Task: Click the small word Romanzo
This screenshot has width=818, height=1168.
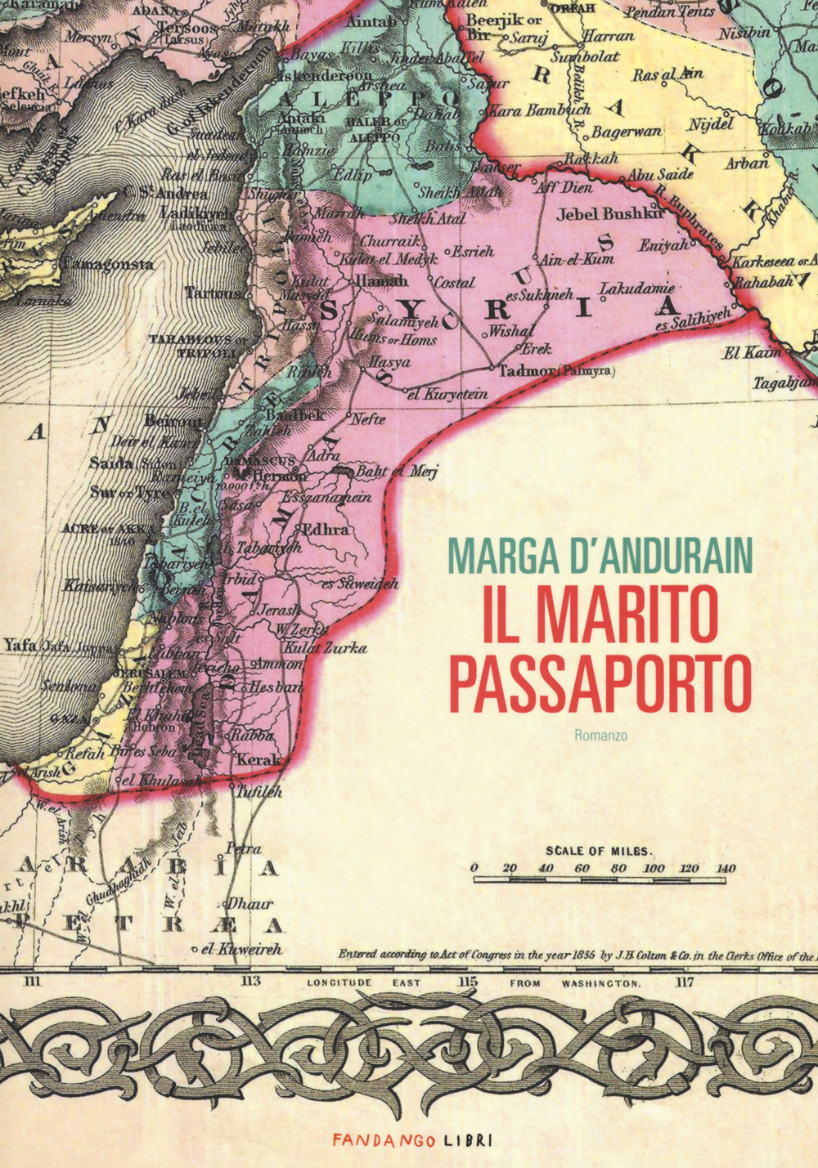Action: tap(600, 735)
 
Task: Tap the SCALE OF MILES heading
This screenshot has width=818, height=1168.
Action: tap(599, 849)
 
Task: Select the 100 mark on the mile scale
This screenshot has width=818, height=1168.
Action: tap(653, 868)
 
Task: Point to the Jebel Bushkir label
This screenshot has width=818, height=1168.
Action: tap(609, 214)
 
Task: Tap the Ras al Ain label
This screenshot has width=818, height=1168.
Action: tap(667, 74)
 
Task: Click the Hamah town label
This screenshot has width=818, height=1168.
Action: tap(380, 280)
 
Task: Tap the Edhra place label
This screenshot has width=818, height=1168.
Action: tap(326, 529)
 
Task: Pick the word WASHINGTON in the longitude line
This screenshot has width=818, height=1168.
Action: tap(600, 983)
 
